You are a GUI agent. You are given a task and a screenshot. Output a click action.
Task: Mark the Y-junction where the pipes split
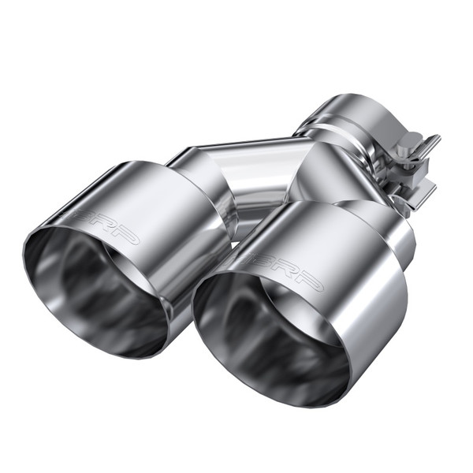coord(311,169)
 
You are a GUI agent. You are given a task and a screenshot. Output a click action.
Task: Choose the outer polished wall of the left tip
coord(158,205)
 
